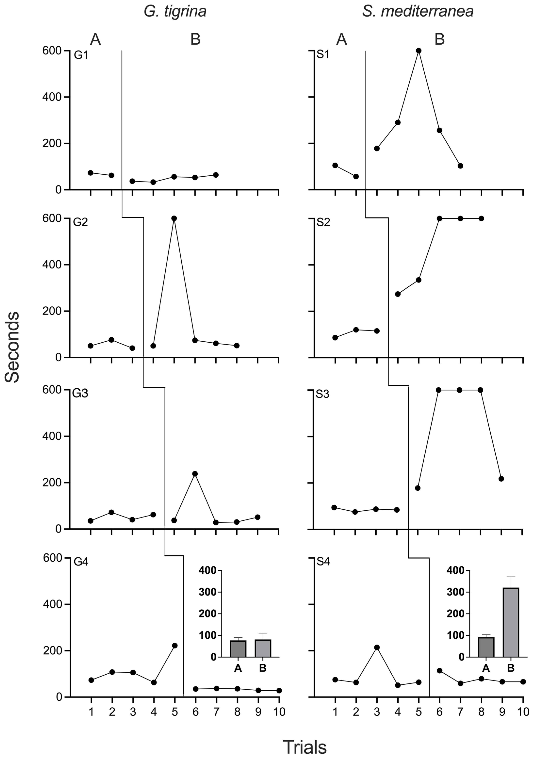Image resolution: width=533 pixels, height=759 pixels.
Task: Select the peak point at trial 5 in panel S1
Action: pos(419,51)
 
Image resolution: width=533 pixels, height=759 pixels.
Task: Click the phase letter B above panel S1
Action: pos(439,40)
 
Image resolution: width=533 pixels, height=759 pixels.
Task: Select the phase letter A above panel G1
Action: pos(96,40)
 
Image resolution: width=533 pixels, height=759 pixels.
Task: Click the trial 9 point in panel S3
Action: pos(501,479)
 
